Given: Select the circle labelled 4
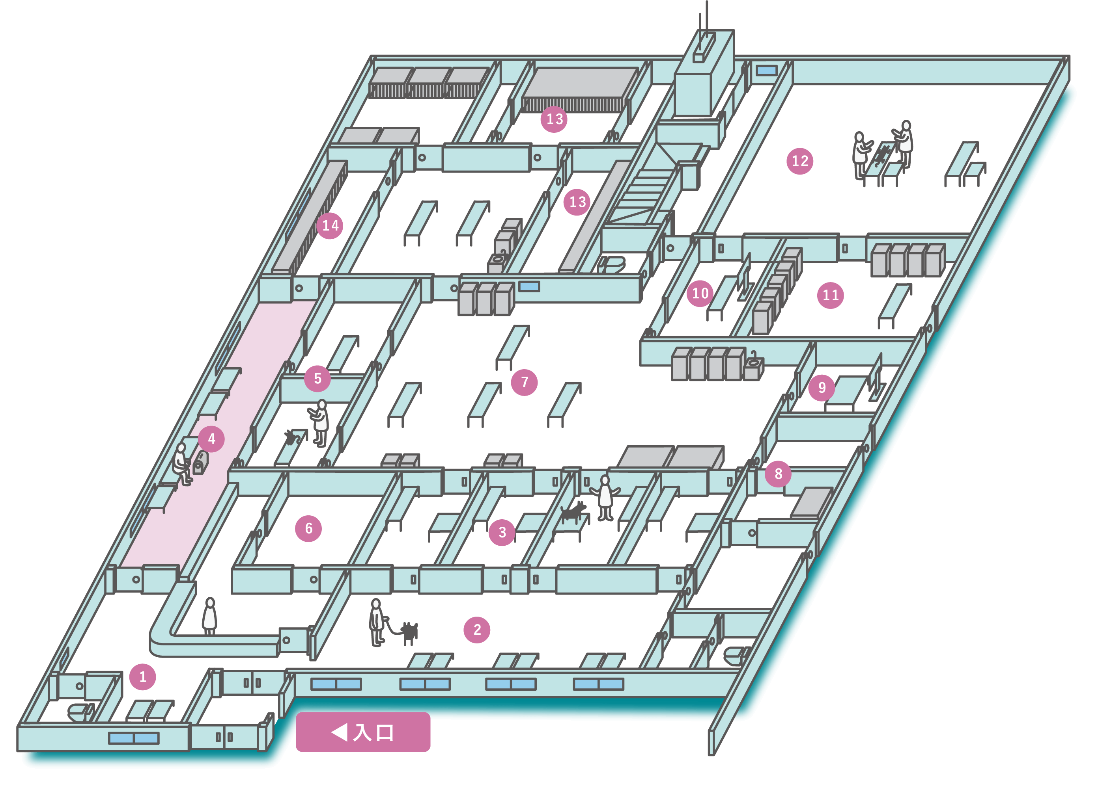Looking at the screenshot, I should click(x=211, y=439).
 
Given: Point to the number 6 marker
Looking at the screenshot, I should click(x=308, y=528).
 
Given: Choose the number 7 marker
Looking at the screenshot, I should click(x=524, y=383).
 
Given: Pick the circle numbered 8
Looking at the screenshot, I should click(x=778, y=474).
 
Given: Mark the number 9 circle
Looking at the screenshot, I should click(x=822, y=387).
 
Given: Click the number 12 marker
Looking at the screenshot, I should click(x=800, y=161).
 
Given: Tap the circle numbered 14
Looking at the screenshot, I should click(x=330, y=225).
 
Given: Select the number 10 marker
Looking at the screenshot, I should click(x=700, y=293).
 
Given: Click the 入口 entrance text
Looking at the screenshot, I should click(x=373, y=732).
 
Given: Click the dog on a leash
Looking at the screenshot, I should click(x=409, y=632).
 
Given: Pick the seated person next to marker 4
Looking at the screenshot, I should click(x=181, y=463).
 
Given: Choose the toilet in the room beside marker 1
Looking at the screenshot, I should click(x=80, y=711).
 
